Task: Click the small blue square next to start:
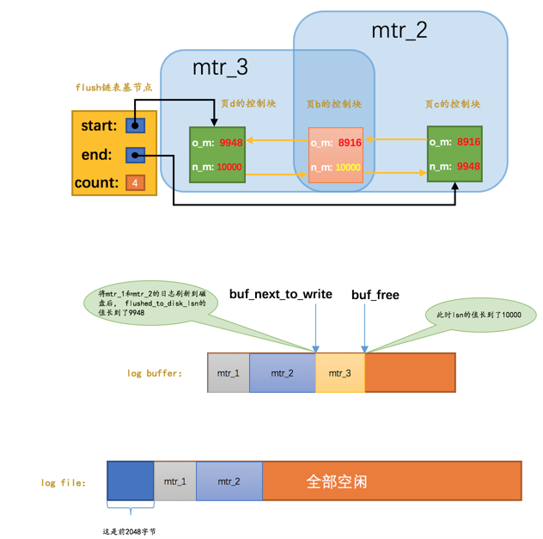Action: pyautogui.click(x=135, y=126)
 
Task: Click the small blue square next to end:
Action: pyautogui.click(x=135, y=155)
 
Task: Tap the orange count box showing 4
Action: pyautogui.click(x=135, y=183)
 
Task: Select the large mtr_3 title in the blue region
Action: pyautogui.click(x=220, y=67)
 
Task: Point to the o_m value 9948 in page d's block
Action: pyautogui.click(x=230, y=143)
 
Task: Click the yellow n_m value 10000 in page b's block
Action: pyautogui.click(x=348, y=168)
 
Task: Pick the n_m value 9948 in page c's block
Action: pyautogui.click(x=468, y=166)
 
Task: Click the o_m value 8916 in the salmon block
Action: pyautogui.click(x=350, y=143)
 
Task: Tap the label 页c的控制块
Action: pyautogui.click(x=452, y=104)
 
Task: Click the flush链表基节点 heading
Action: pyautogui.click(x=113, y=88)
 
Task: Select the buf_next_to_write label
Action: pyautogui.click(x=280, y=294)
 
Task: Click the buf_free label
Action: pyautogui.click(x=375, y=295)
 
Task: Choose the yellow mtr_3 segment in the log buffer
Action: pyautogui.click(x=340, y=373)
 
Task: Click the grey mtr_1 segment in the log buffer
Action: pyautogui.click(x=229, y=373)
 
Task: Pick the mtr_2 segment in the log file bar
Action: pyautogui.click(x=229, y=481)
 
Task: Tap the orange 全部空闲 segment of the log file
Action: pyautogui.click(x=392, y=481)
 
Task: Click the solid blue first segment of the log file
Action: pyautogui.click(x=131, y=481)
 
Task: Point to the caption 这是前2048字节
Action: pyautogui.click(x=129, y=531)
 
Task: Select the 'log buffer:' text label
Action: pyautogui.click(x=155, y=373)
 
